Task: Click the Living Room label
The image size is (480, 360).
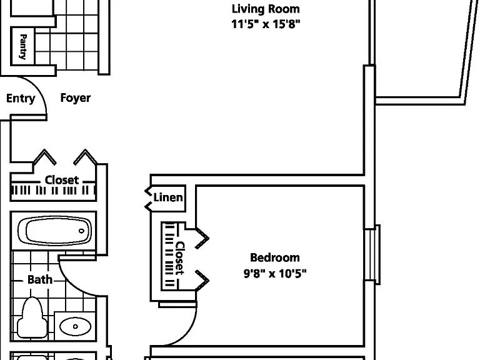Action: [x=266, y=9]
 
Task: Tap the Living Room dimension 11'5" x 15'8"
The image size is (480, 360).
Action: [x=266, y=24]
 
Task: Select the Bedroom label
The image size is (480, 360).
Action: [x=275, y=257]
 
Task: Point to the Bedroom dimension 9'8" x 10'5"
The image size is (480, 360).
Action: [x=275, y=273]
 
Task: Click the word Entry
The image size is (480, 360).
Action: [x=21, y=99]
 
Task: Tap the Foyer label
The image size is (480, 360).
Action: [x=75, y=98]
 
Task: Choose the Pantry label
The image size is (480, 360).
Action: [x=23, y=46]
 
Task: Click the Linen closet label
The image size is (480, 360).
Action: [x=168, y=197]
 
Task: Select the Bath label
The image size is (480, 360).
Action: [x=40, y=279]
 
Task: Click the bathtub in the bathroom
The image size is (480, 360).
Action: [x=54, y=231]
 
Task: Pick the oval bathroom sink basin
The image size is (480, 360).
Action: [x=75, y=326]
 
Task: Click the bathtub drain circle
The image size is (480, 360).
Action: [x=81, y=231]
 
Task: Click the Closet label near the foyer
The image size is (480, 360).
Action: [x=62, y=180]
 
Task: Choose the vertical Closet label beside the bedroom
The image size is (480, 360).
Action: [x=180, y=258]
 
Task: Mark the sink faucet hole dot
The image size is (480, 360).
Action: [x=75, y=327]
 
